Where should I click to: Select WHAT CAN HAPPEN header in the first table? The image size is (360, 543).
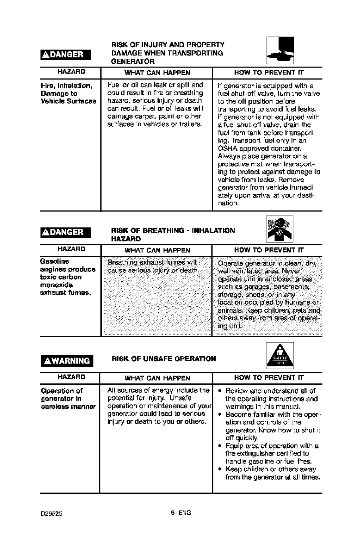point(155,72)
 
